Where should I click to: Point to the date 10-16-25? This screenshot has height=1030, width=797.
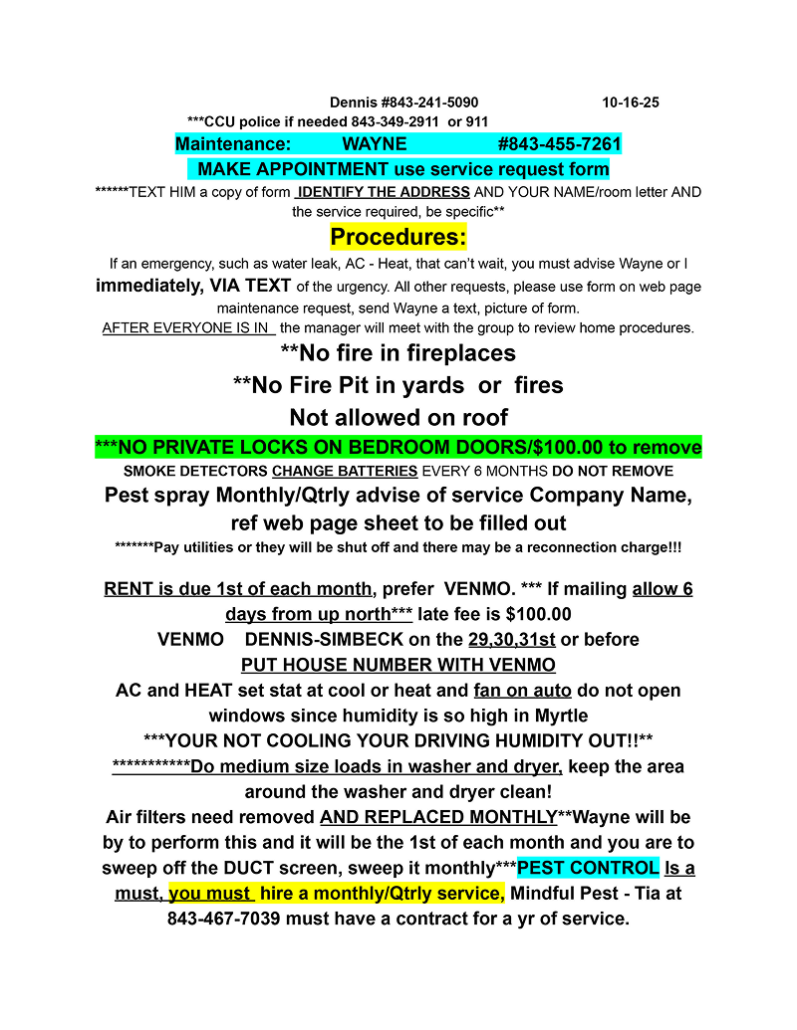631,103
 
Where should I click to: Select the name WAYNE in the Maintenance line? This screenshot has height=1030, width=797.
375,144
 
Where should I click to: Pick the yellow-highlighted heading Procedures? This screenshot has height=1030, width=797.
398,238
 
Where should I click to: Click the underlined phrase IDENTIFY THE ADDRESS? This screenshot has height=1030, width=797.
383,192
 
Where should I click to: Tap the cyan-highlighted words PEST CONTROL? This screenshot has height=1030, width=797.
588,868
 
